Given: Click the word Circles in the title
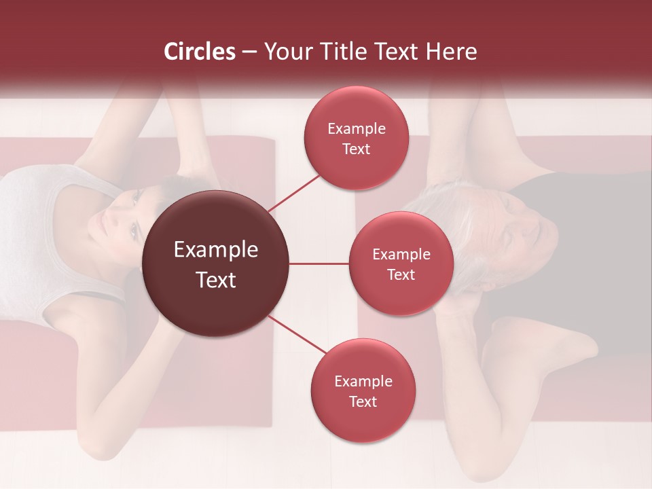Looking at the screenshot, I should click(x=200, y=52).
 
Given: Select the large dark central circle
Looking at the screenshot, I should click(x=216, y=264).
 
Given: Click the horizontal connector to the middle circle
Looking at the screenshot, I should click(x=319, y=264).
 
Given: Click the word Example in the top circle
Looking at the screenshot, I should click(x=357, y=128).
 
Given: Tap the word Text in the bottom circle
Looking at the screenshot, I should click(x=363, y=401).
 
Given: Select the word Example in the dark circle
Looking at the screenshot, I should click(x=216, y=250).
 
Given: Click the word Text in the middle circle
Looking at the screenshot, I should click(x=401, y=274).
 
